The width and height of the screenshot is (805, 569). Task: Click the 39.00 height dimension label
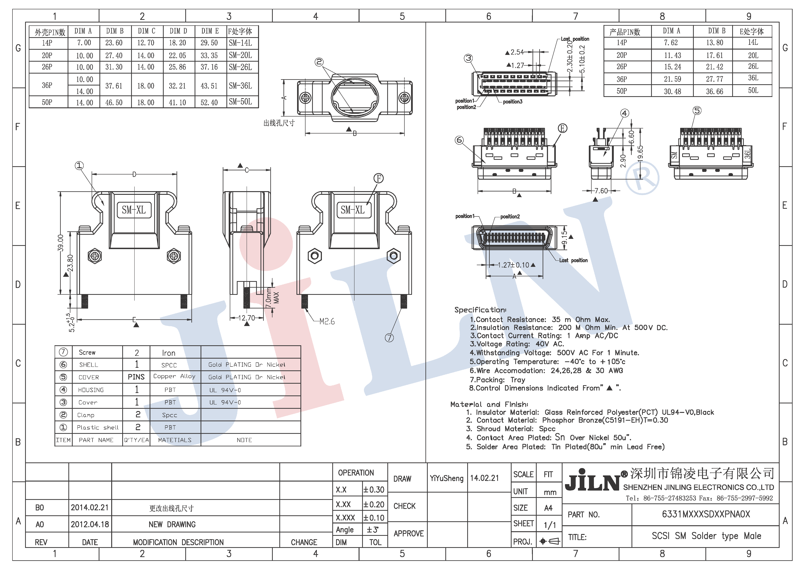(61, 243)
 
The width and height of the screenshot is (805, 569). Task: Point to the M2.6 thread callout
(327, 321)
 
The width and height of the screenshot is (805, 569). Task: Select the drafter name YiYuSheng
(446, 478)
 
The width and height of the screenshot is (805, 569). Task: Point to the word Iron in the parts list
(169, 353)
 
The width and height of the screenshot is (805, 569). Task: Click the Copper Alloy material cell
(174, 376)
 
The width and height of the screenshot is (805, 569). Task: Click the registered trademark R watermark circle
(642, 178)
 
